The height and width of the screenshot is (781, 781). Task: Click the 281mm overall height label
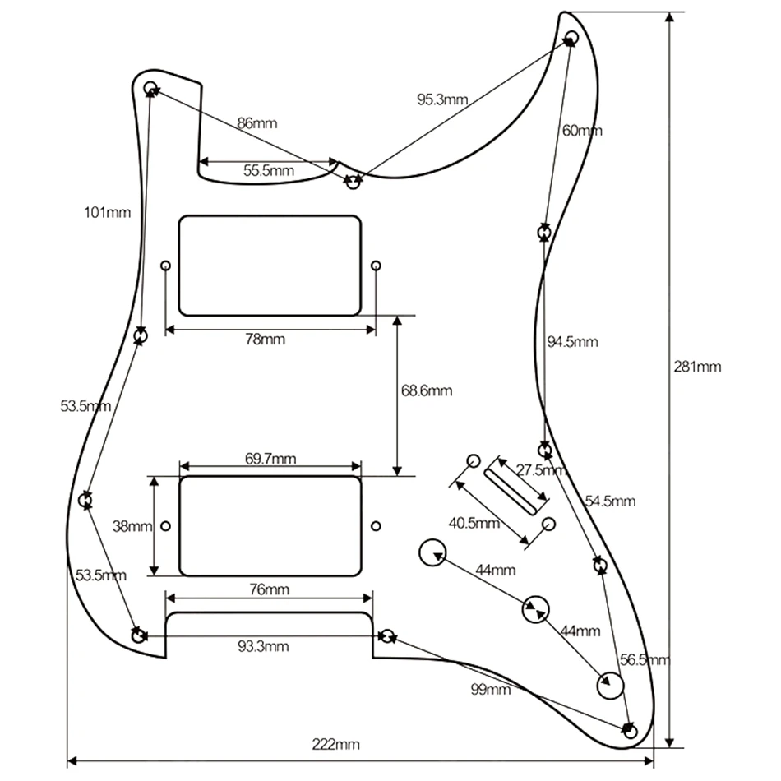coord(697,367)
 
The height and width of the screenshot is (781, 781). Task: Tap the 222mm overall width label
coord(335,745)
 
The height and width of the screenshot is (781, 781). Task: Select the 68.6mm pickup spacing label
coord(427,390)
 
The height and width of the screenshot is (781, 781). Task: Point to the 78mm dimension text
coord(266,340)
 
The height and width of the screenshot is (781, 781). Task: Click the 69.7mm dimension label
coord(270,458)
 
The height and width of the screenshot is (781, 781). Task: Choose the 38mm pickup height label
coord(132,526)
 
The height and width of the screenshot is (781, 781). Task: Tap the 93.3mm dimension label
coord(263,646)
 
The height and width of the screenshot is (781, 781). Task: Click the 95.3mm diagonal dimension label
coord(443,99)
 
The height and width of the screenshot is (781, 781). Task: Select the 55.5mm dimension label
coord(269,171)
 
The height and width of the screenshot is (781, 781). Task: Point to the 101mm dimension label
coord(108,213)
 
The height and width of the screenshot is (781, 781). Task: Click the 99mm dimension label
coord(491,690)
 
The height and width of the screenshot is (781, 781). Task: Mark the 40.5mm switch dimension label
coord(474,523)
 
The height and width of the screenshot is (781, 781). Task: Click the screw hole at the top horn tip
coord(572,37)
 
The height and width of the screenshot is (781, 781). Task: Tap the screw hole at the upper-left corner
coord(150,88)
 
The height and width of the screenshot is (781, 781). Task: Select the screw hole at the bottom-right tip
coord(631,732)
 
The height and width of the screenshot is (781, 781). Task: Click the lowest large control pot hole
coord(610,686)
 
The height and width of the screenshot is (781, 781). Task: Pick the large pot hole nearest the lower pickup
coord(432,552)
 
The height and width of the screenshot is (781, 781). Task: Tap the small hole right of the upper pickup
coord(377,266)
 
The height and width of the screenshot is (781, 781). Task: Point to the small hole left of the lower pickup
coord(166,525)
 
